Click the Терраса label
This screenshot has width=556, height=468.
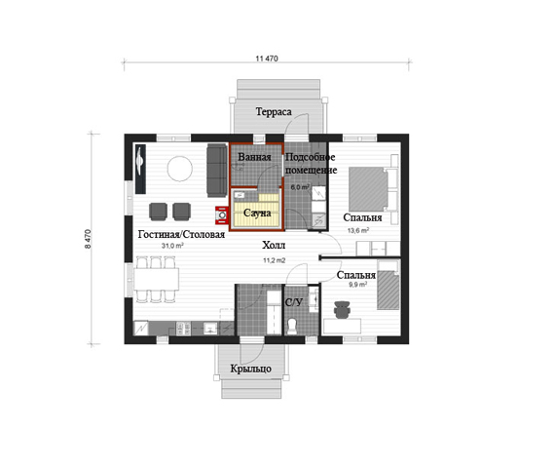pos(274,112)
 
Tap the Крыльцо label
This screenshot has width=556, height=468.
pos(250,369)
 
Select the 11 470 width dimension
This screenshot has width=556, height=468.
pos(267,58)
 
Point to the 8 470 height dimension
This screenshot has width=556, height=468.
pos(88,239)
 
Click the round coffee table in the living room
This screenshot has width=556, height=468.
pos(180,169)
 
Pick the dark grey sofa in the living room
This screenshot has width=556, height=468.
pos(217,170)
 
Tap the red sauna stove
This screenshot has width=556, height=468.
pos(222,215)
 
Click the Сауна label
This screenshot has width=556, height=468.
pos(257,214)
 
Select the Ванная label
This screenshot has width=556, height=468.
pos(254,157)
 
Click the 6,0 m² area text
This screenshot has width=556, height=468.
pos(300,187)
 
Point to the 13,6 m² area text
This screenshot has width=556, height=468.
pos(358,230)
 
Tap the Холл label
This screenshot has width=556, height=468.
pos(274,246)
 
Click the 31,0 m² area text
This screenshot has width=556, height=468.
pos(172,246)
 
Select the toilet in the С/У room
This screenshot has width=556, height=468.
pos(292,326)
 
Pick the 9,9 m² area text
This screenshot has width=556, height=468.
pos(357,284)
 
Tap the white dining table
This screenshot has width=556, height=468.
pos(157,279)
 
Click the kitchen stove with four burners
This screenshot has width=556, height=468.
pos(183,329)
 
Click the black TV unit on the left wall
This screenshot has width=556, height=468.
pos(140,169)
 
